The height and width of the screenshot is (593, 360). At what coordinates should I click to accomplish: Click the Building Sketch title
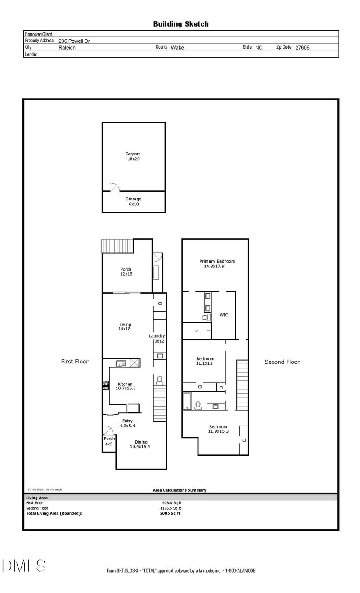[180, 24]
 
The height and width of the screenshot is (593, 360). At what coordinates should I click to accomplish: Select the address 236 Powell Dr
[76, 40]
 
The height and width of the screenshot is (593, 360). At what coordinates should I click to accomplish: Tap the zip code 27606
[302, 47]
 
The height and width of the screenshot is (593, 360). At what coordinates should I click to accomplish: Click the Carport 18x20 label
[133, 156]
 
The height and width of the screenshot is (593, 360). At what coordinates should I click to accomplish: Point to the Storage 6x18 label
[133, 201]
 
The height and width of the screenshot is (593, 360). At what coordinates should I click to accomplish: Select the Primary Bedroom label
[217, 263]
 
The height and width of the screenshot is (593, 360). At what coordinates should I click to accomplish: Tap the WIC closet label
[224, 315]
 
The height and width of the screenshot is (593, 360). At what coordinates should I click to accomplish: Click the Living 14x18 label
[125, 327]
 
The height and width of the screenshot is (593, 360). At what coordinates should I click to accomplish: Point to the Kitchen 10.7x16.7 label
[125, 386]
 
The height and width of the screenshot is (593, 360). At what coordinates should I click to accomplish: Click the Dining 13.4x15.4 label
[139, 444]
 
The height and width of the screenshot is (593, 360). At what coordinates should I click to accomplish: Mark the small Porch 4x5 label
[109, 441]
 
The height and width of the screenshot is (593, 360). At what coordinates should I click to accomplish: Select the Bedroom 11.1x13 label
[205, 361]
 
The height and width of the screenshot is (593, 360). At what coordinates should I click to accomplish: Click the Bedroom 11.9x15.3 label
[218, 429]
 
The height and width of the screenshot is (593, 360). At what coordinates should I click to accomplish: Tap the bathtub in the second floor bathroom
[187, 401]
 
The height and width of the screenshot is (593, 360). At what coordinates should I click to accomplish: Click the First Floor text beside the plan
[75, 362]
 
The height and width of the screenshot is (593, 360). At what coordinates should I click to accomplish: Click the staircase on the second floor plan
[243, 383]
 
